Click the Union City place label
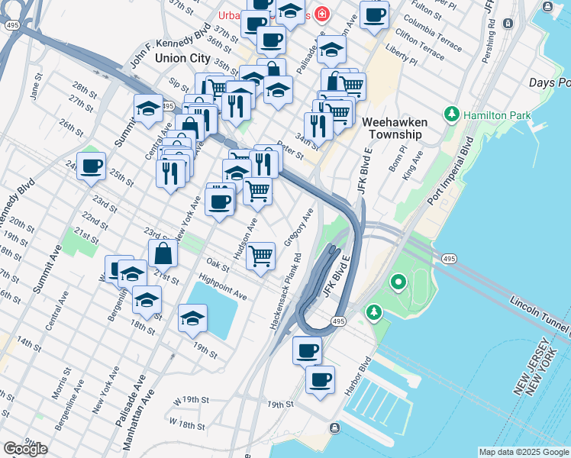tap(182, 57)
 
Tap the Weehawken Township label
tap(392, 128)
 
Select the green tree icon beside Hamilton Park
tap(452, 114)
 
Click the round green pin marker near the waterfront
tap(398, 284)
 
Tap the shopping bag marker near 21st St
tap(163, 253)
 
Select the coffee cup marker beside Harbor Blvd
tap(321, 379)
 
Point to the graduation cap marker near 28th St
tap(148, 109)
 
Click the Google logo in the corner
tap(25, 449)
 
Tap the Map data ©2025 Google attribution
tap(524, 452)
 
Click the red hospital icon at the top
tap(322, 15)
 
